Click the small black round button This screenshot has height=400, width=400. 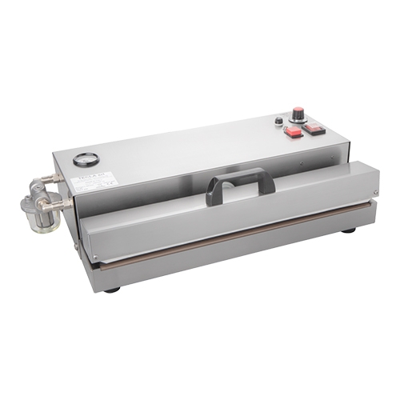[278, 122]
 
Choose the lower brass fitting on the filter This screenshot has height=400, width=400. [62, 205]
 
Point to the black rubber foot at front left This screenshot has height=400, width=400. [111, 289]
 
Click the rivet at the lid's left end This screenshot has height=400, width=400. [94, 257]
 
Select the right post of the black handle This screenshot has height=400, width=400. [270, 183]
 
